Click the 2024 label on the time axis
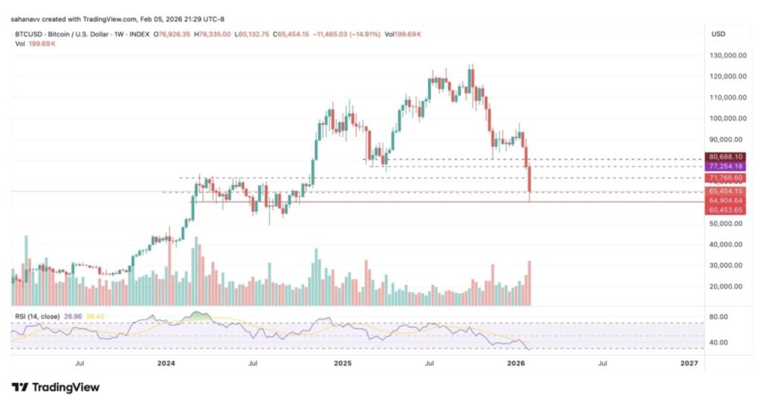[166, 364]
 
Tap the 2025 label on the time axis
[343, 364]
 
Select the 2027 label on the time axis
[689, 364]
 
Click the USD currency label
[719, 34]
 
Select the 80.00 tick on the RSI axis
[719, 317]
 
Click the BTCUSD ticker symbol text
[29, 34]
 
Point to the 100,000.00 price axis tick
[726, 118]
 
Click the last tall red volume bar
[529, 283]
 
